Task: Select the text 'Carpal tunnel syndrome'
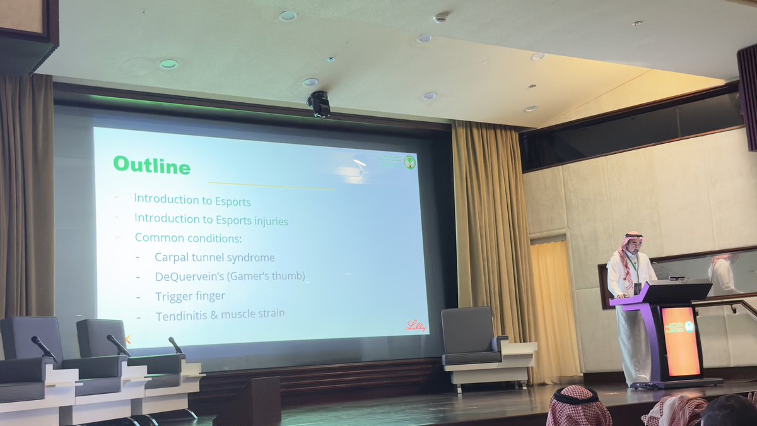click(x=214, y=257)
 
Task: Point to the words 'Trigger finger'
click(x=190, y=296)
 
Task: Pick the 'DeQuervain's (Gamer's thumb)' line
click(x=230, y=276)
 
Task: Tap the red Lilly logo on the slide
click(x=416, y=326)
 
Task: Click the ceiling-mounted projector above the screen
click(x=319, y=104)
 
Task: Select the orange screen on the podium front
click(x=681, y=341)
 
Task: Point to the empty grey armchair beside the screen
click(x=470, y=338)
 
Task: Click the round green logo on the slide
click(x=409, y=162)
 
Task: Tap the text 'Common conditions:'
click(x=188, y=238)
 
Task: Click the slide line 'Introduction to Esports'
click(x=192, y=201)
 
